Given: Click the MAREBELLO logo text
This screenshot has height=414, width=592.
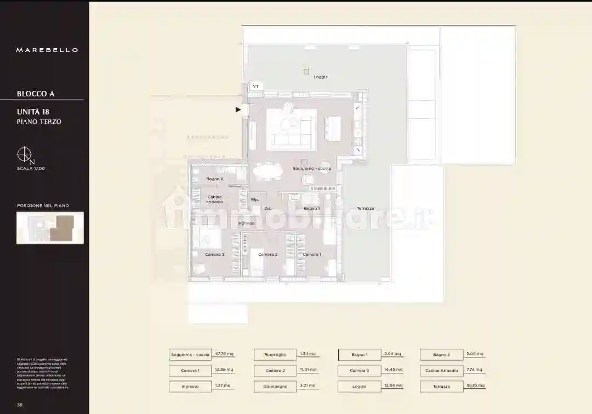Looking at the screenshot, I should (x=47, y=50).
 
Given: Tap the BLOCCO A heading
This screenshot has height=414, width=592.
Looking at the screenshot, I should (x=36, y=94).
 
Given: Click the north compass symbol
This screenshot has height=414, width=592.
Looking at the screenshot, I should (x=25, y=155).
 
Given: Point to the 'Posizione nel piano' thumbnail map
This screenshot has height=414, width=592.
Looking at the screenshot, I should (x=50, y=228).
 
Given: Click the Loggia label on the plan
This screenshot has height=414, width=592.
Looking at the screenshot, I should (x=321, y=77).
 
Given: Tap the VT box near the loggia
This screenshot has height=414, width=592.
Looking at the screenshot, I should (x=255, y=87).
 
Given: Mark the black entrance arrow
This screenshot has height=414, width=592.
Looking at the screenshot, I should (x=238, y=110).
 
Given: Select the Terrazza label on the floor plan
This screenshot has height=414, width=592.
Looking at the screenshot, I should (x=365, y=209).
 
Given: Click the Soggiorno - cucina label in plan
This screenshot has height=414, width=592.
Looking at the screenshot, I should (x=311, y=169).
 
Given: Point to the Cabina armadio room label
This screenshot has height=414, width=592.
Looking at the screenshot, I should (x=215, y=199).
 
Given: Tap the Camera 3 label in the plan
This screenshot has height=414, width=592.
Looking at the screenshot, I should (x=215, y=255).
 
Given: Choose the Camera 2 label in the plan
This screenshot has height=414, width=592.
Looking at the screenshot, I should (x=267, y=255).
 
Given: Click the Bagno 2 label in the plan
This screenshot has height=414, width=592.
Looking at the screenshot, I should (x=214, y=179).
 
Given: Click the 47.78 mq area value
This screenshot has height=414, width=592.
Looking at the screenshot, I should (x=224, y=354).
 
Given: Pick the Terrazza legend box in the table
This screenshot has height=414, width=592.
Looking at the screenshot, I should (x=441, y=387).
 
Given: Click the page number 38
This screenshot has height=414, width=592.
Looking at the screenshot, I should (x=20, y=405).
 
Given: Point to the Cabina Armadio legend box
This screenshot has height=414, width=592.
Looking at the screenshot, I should (x=441, y=371).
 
